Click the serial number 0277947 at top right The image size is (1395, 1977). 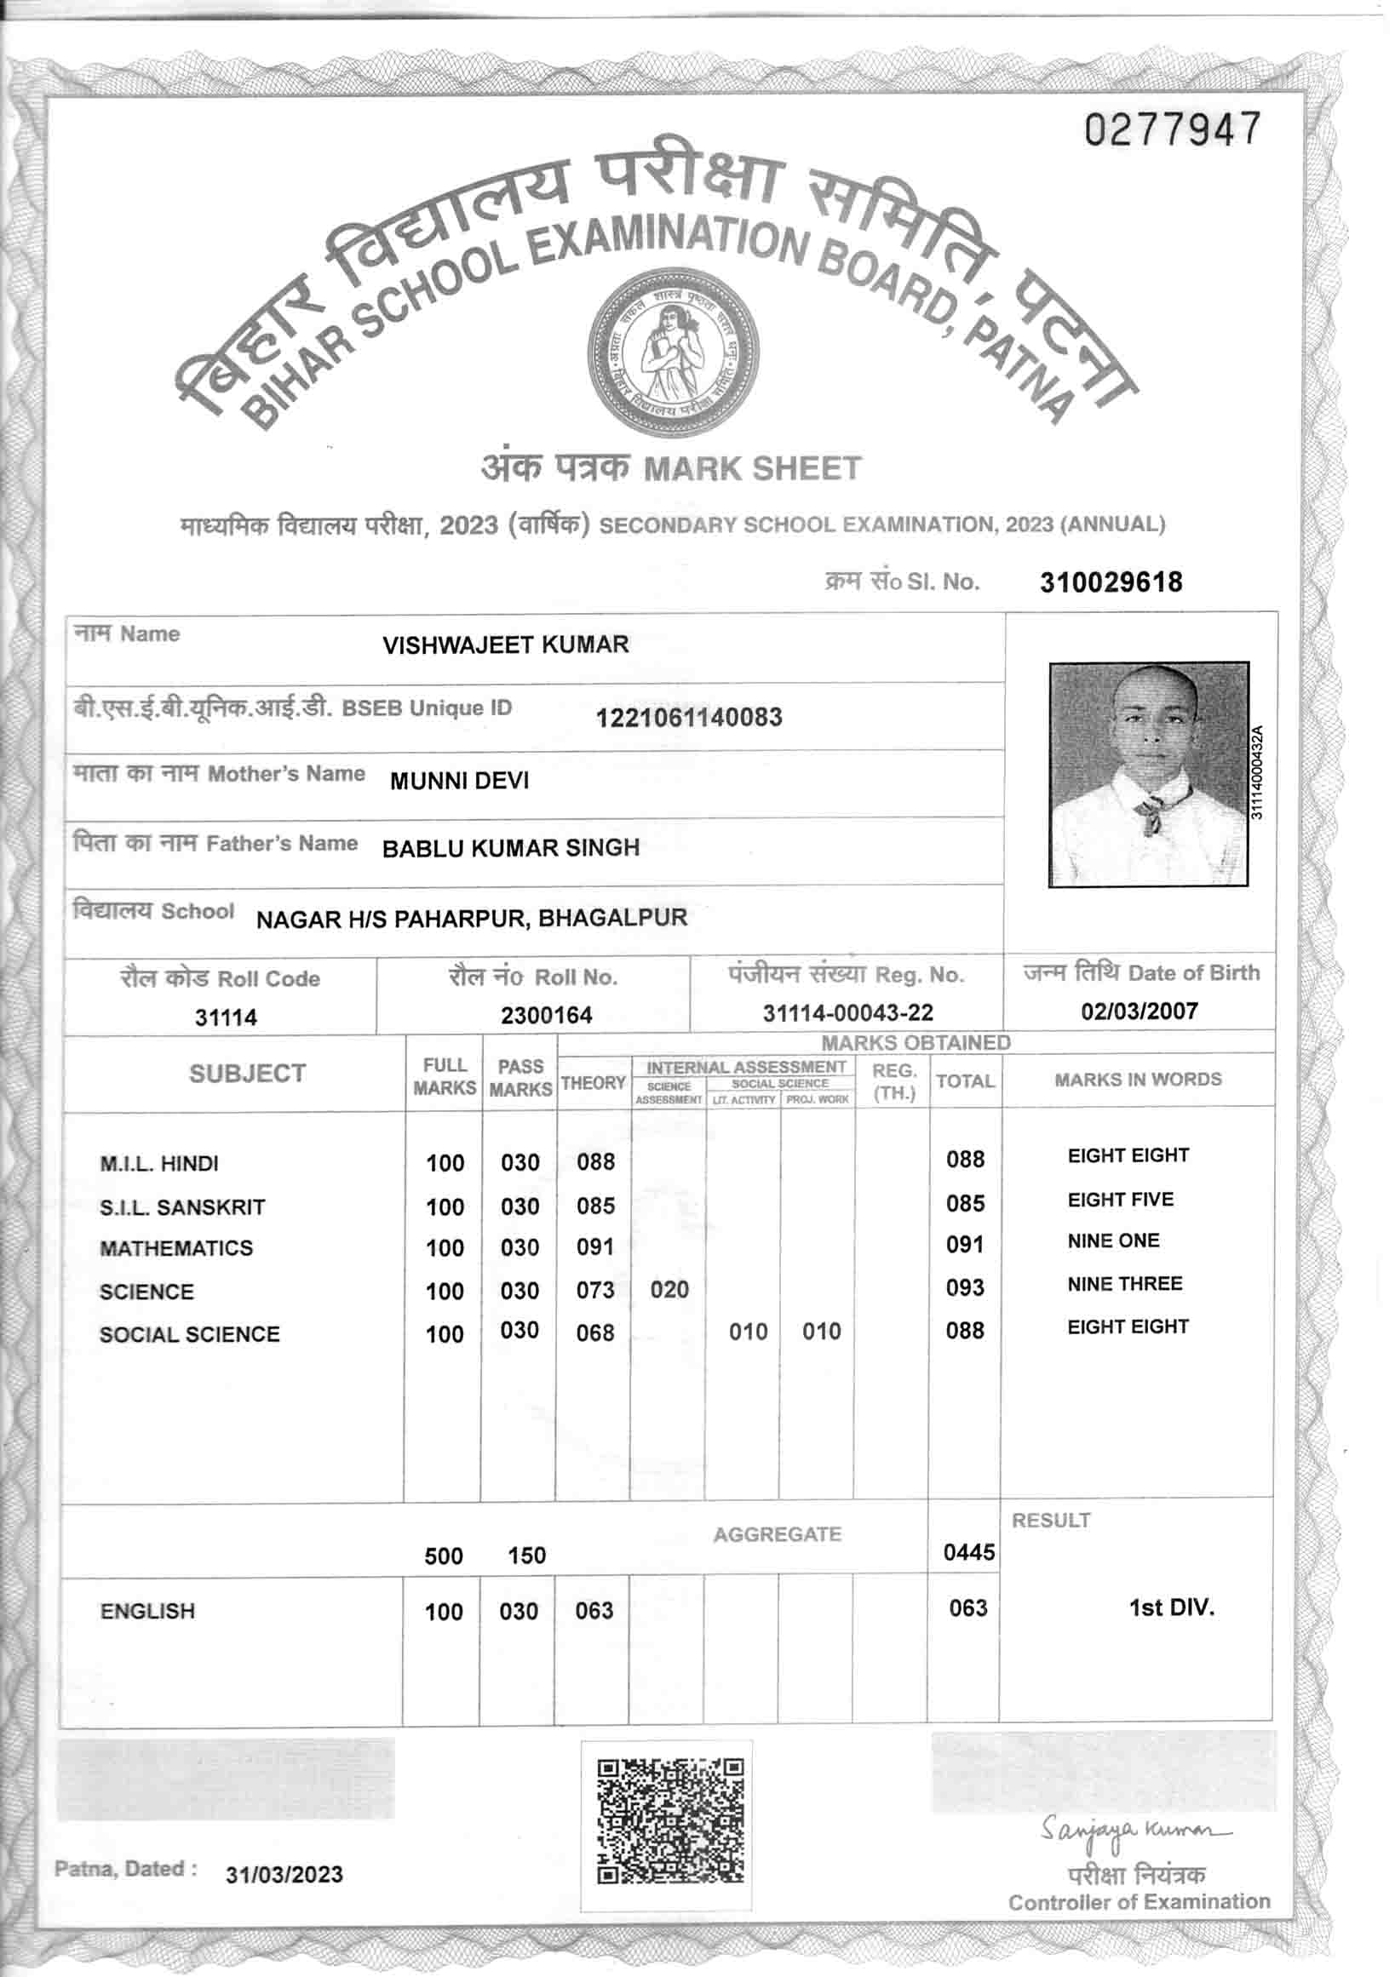[1172, 130]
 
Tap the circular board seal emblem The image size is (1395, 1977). [673, 354]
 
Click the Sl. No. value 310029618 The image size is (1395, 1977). [1111, 582]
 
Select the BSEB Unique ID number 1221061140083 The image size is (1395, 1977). [689, 717]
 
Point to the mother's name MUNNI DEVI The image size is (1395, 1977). [459, 781]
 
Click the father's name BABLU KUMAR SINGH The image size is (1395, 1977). [511, 848]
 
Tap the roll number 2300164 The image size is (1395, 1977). [547, 1015]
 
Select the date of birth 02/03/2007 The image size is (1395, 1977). [1140, 1011]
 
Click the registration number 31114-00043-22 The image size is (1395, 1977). [847, 1012]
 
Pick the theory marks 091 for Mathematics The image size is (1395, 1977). [595, 1246]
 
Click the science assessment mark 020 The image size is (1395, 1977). [669, 1289]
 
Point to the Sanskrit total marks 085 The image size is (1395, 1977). [964, 1203]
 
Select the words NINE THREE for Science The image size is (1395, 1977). [1125, 1284]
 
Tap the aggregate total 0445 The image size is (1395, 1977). [969, 1551]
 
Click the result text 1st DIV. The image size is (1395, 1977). [1171, 1607]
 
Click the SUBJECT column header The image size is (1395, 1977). [247, 1074]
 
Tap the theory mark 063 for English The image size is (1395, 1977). [594, 1610]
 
